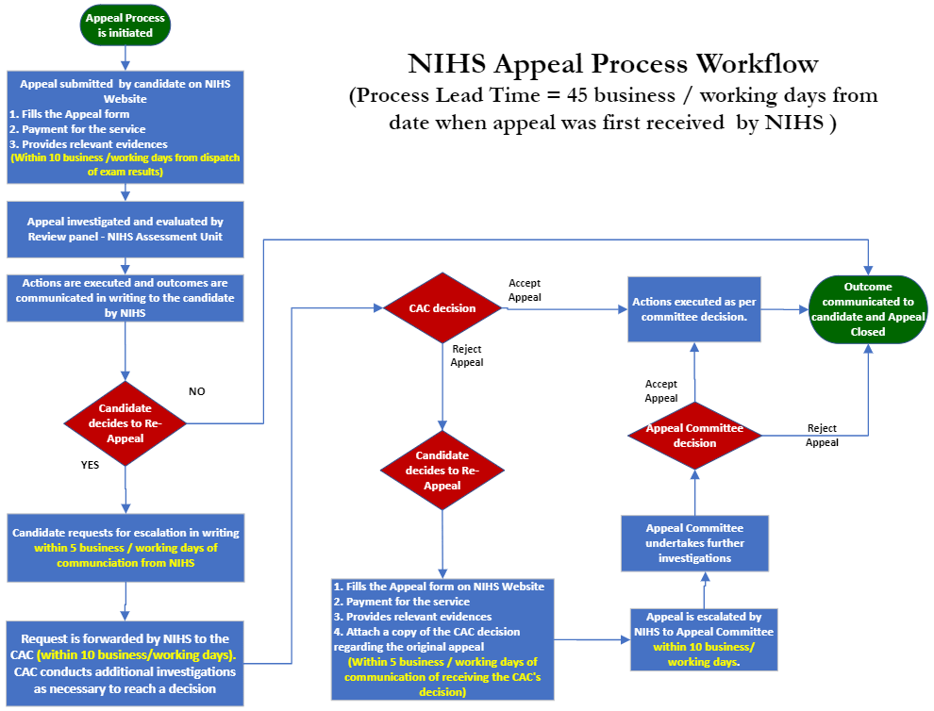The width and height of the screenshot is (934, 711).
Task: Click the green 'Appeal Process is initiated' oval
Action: tap(125, 25)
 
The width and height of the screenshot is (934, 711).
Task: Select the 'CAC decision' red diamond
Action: tap(442, 308)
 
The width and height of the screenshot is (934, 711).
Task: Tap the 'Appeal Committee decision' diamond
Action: tap(694, 436)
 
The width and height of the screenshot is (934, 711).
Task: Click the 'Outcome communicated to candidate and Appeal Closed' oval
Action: tap(868, 309)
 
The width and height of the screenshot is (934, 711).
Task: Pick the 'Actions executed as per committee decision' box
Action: tap(694, 309)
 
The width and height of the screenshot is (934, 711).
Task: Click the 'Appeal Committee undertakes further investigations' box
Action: tap(694, 543)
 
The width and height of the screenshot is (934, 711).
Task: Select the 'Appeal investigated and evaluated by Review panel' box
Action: tap(125, 229)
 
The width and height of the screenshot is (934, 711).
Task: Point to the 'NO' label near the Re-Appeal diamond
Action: tap(196, 391)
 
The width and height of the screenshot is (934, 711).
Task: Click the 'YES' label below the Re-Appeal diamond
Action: tap(90, 464)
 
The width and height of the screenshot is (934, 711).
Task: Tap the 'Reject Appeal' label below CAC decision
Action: tap(467, 355)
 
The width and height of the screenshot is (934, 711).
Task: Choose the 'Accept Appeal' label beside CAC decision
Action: tap(525, 289)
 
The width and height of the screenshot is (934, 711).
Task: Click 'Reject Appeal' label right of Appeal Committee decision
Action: tap(822, 436)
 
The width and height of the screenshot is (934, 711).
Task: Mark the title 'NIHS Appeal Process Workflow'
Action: tap(613, 64)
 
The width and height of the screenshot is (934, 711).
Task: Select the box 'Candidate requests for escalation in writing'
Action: tap(125, 547)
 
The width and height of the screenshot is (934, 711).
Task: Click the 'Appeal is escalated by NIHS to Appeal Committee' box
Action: tap(705, 638)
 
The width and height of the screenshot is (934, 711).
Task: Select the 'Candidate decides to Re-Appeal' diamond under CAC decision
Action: tap(442, 471)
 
